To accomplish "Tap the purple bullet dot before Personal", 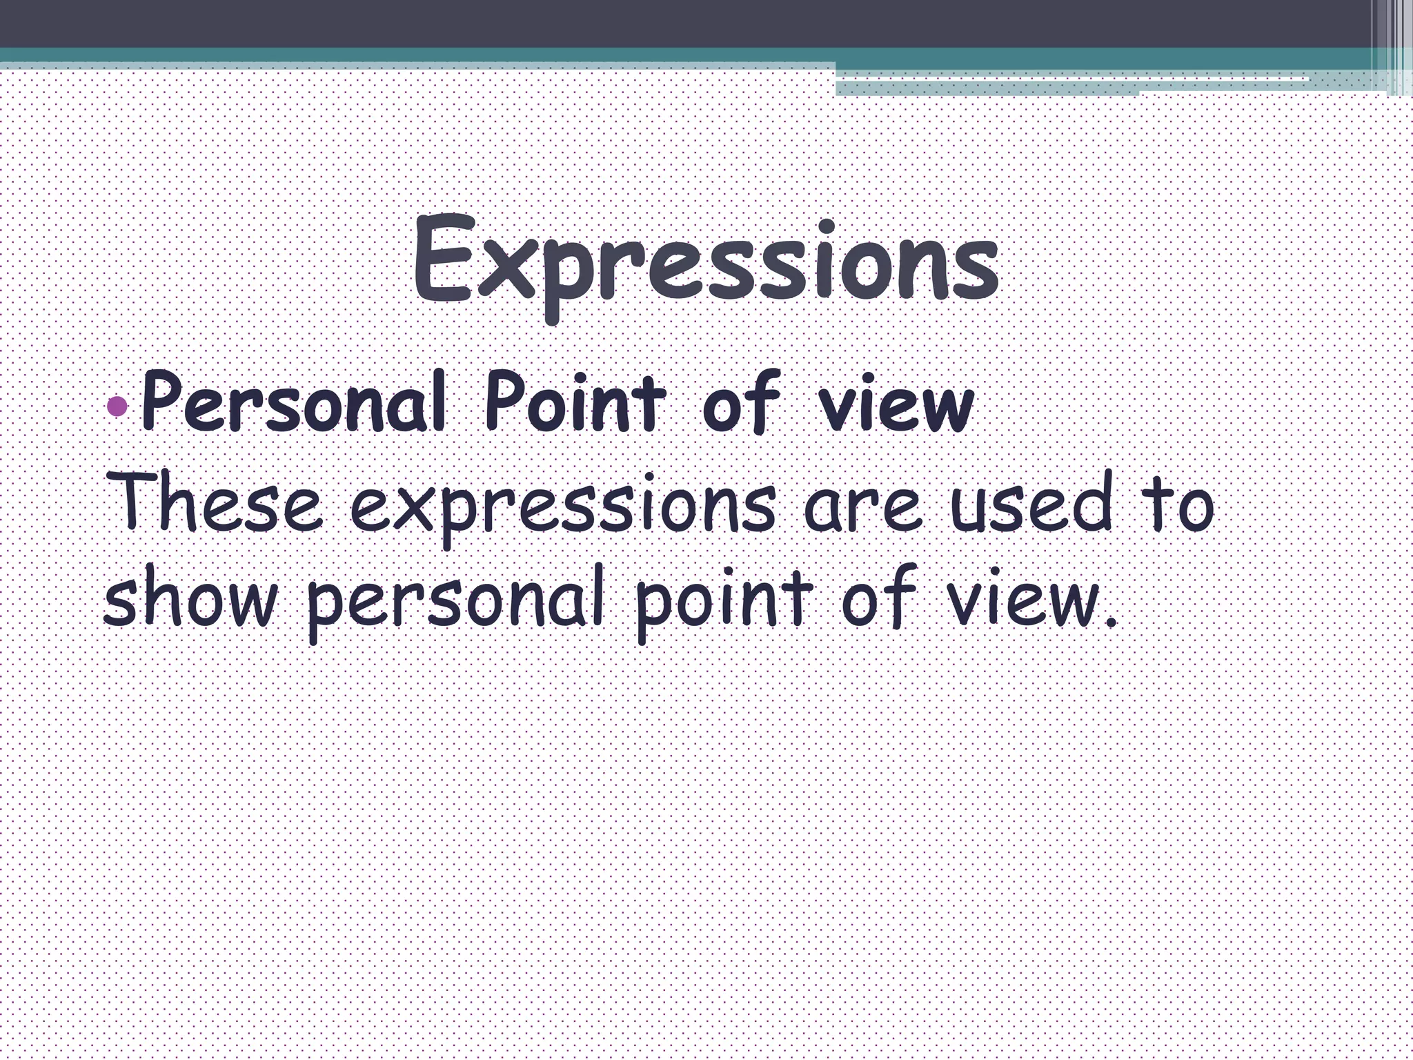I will coord(119,406).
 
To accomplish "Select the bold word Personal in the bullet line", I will coord(294,403).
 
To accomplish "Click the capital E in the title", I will coord(442,259).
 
